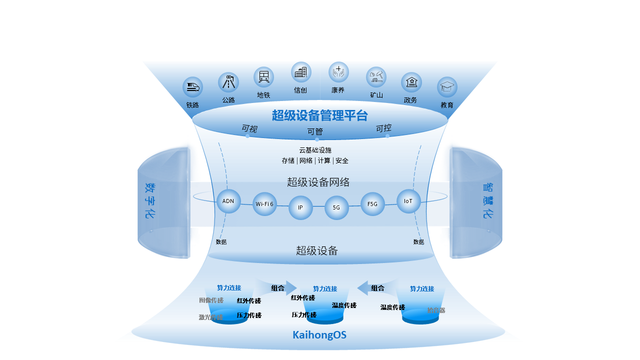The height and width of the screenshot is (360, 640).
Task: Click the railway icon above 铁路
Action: pyautogui.click(x=192, y=87)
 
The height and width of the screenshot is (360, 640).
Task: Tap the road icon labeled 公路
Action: pyautogui.click(x=228, y=82)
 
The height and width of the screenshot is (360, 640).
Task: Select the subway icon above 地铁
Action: pyautogui.click(x=263, y=77)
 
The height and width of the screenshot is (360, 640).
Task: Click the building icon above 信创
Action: pyautogui.click(x=301, y=72)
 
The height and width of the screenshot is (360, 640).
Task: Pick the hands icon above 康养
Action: pyautogui.click(x=338, y=72)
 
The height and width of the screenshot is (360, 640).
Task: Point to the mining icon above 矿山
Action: pyautogui.click(x=376, y=77)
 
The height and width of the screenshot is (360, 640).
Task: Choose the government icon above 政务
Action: pyautogui.click(x=411, y=82)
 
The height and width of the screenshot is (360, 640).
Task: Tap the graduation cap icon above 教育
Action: pyautogui.click(x=447, y=87)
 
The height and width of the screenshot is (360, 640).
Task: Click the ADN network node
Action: pyautogui.click(x=228, y=201)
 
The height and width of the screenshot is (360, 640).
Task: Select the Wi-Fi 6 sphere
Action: pyautogui.click(x=264, y=204)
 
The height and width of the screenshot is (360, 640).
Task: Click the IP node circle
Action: pyautogui.click(x=300, y=207)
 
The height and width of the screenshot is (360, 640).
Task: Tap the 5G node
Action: pyautogui.click(x=336, y=207)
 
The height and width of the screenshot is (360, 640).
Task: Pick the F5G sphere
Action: pyautogui.click(x=372, y=204)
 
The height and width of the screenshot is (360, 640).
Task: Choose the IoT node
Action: pyautogui.click(x=408, y=201)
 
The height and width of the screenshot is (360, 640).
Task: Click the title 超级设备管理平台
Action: pyautogui.click(x=320, y=115)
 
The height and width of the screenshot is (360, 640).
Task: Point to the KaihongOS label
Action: pyautogui.click(x=319, y=335)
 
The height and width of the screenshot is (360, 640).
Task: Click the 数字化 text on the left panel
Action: pyautogui.click(x=150, y=200)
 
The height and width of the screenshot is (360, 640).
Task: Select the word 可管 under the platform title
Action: pyautogui.click(x=315, y=132)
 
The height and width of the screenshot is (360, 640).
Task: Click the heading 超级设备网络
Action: pyautogui.click(x=318, y=182)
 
